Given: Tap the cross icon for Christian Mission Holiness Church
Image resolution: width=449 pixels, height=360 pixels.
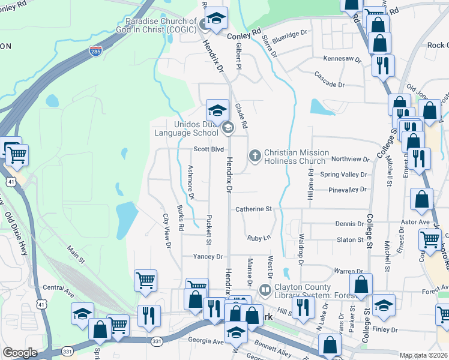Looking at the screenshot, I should (255, 156).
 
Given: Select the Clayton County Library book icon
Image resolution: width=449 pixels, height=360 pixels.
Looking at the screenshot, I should (265, 290).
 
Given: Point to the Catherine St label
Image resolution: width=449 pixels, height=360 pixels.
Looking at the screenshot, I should (253, 209).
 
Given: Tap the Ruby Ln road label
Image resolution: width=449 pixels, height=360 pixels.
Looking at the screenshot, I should (259, 238).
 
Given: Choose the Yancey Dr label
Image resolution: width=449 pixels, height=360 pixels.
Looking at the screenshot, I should (208, 256).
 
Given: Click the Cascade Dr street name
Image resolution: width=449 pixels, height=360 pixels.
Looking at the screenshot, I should (330, 85).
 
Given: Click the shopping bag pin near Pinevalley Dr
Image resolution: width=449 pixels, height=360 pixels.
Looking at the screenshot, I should (422, 199).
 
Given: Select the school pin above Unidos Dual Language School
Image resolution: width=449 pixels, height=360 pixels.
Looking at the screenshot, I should (217, 109).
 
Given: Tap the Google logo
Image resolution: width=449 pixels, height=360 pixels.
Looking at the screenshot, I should (20, 353).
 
